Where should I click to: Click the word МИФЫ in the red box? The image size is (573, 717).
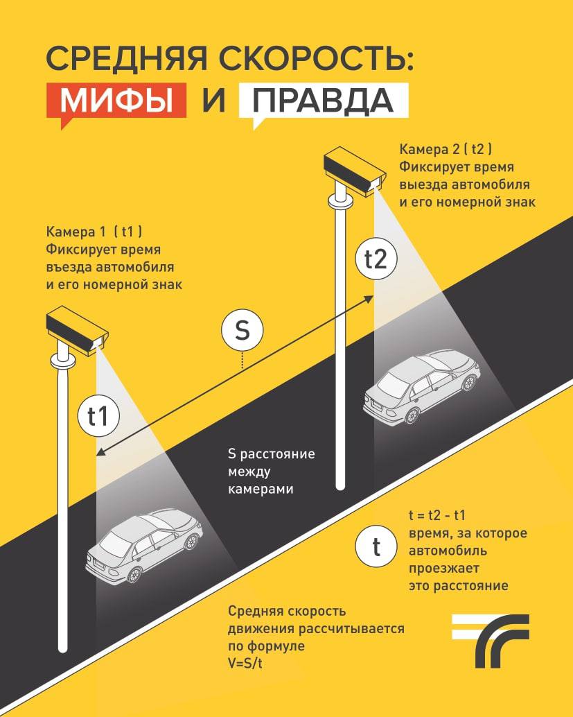[116, 100]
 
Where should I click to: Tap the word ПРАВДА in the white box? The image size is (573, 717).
[323, 100]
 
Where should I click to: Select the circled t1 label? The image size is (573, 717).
[98, 415]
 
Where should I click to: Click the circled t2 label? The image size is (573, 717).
[376, 259]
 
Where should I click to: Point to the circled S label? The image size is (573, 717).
[243, 330]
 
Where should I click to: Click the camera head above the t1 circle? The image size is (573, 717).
[77, 331]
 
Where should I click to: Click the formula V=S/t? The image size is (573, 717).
[245, 663]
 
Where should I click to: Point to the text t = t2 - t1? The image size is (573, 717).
[437, 515]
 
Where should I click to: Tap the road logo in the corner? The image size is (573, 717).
[491, 640]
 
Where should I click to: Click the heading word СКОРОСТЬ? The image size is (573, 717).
[316, 58]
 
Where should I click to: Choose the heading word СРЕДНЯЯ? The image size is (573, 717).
[127, 58]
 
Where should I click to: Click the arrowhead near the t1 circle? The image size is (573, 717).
[100, 453]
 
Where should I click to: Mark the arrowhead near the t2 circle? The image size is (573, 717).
[369, 299]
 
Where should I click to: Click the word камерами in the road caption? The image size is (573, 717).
[261, 489]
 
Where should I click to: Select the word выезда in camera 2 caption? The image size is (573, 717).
[423, 184]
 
